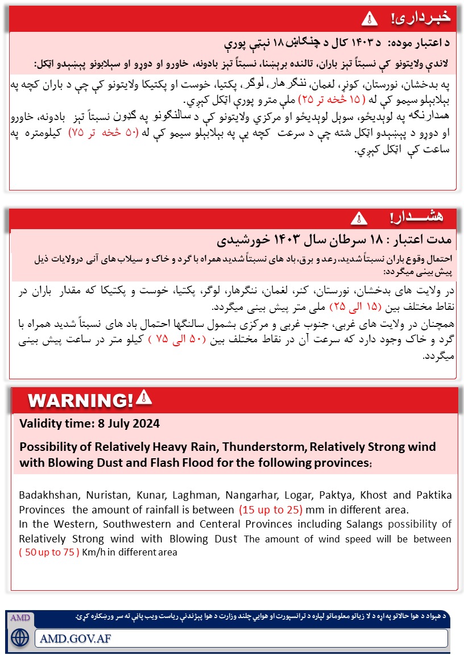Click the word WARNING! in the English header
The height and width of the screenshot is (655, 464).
pos(80,400)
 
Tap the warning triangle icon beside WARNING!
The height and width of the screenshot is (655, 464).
pos(144,397)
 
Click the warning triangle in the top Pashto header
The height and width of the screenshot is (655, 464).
pos(370,18)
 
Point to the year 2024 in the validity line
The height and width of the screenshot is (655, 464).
pos(147,424)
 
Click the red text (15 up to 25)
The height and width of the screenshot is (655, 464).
pos(271,509)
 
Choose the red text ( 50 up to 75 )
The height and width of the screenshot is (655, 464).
pos(49,552)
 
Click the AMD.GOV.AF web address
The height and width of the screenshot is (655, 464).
pos(76,638)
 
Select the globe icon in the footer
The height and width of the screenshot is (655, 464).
pos(20,637)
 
